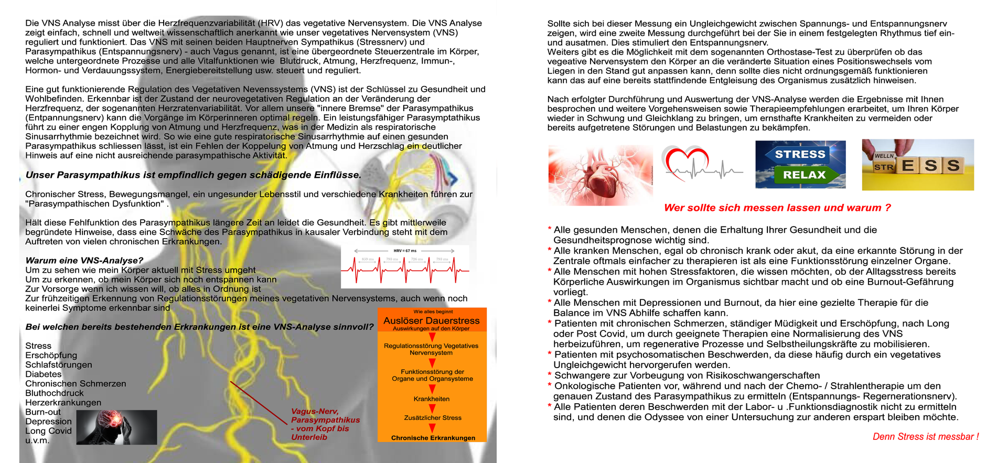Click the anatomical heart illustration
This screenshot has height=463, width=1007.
(600, 175)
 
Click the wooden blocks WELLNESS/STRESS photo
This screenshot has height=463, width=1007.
(917, 165)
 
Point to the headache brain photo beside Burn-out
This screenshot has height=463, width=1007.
(116, 427)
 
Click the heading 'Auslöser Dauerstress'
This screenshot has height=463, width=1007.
(431, 320)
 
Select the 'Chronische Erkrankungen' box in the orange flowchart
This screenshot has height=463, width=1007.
(433, 438)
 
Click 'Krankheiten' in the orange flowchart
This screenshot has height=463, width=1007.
(431, 399)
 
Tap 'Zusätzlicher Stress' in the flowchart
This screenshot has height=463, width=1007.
(433, 418)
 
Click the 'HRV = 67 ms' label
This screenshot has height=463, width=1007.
(405, 251)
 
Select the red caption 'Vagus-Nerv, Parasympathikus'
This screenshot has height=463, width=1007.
(325, 416)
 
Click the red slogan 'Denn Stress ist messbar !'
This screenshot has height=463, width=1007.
(925, 437)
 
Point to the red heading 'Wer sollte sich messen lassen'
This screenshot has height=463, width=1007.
(777, 208)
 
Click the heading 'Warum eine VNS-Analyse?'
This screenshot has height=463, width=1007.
(84, 261)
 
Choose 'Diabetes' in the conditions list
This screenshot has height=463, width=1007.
(44, 374)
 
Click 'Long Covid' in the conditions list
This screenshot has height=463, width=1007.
(48, 431)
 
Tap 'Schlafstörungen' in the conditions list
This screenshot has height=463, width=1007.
(59, 365)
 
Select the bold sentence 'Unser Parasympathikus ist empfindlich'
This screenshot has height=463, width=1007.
(193, 175)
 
